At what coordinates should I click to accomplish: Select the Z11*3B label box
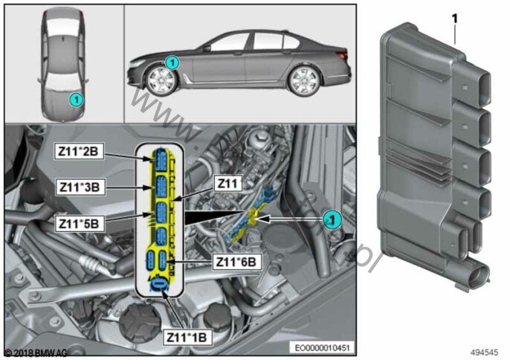click(x=80, y=187)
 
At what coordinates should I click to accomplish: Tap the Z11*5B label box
click(x=80, y=222)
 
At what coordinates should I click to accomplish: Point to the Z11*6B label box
click(x=236, y=262)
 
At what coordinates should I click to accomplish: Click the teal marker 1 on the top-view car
click(x=75, y=98)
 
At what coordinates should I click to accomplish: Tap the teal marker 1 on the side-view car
click(x=171, y=63)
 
